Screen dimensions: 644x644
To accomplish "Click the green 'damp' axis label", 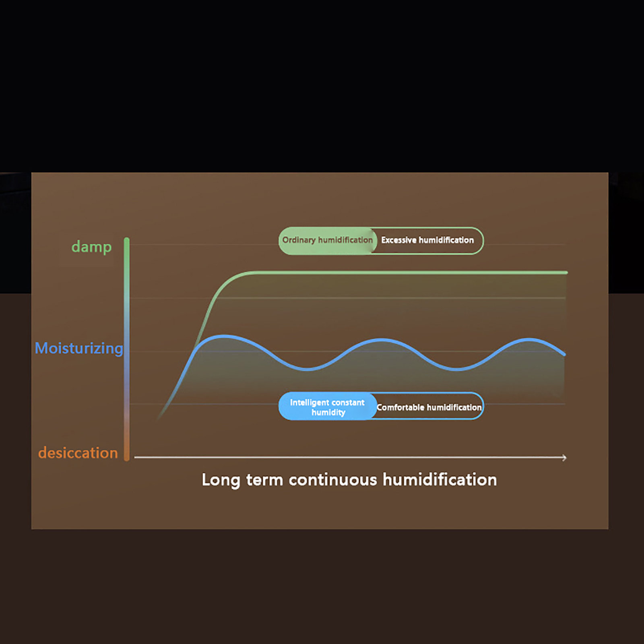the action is point(91,247).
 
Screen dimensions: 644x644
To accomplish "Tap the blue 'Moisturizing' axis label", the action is point(79,348).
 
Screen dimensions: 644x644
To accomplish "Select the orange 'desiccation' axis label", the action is point(78,453).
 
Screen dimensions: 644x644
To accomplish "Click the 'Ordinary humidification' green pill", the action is point(328,240).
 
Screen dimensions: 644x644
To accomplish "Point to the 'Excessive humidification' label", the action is point(427,240).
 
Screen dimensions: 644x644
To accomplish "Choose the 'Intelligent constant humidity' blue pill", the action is point(328,406).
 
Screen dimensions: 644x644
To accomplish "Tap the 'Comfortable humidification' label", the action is point(429,407).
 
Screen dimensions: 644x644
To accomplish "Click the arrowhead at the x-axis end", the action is point(564,458).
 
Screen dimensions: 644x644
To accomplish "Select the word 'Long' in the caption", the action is point(221,480).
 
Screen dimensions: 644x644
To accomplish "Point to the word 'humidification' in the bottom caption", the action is point(440,479).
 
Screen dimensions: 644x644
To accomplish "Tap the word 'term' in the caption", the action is point(264,480).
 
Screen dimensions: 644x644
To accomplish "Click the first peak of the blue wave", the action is point(224,336).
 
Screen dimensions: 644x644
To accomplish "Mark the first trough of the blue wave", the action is point(307,369).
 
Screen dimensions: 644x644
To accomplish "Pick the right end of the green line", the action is point(566,272).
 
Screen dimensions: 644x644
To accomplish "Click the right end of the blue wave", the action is point(564,354).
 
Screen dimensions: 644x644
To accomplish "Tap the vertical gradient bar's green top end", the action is point(127,240).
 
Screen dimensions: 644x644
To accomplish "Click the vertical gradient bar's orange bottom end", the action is point(127,458).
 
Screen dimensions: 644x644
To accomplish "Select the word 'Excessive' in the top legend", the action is point(399,240).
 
